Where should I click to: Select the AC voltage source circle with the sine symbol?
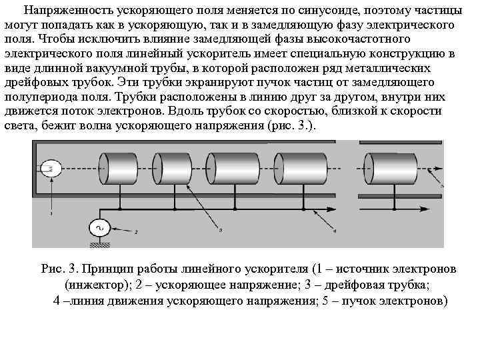[101, 229]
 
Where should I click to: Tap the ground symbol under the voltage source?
[101, 245]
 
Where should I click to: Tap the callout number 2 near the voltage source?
[136, 232]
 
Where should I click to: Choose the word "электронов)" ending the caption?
[415, 301]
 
